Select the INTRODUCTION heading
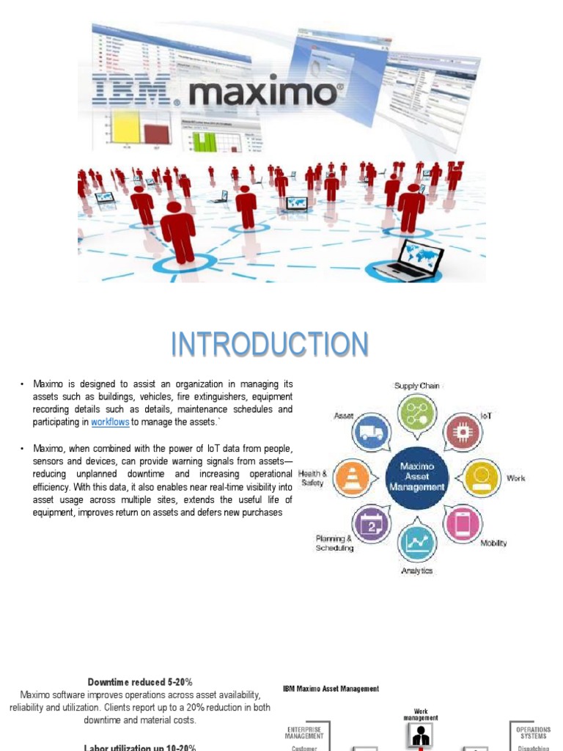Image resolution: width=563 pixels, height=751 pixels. (x=270, y=345)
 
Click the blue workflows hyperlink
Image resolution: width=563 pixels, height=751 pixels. (x=110, y=422)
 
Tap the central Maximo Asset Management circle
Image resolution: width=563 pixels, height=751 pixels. (x=416, y=476)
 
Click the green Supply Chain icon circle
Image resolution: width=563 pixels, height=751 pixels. (x=416, y=412)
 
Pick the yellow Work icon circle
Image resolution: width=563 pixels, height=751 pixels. (x=482, y=477)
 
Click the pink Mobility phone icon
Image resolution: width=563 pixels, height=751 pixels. (x=463, y=524)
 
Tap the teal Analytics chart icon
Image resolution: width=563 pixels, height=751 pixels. (x=416, y=543)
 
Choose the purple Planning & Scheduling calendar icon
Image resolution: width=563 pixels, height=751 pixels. (x=371, y=524)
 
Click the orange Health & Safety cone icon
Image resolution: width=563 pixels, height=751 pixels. (x=351, y=477)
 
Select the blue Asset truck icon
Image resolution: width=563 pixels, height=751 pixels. (x=371, y=432)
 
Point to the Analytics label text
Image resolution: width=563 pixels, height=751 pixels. (x=416, y=571)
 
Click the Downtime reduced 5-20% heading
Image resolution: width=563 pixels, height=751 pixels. (x=140, y=681)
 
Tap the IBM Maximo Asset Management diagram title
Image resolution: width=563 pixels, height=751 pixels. (x=331, y=689)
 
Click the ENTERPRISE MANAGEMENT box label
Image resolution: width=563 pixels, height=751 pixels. (x=304, y=733)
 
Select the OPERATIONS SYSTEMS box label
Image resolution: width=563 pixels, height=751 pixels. (x=533, y=733)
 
